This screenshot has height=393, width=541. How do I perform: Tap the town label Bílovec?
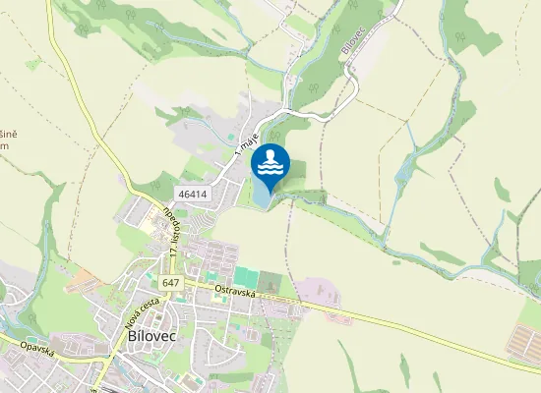[x=152, y=335]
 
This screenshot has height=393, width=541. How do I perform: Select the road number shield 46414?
[x=193, y=194]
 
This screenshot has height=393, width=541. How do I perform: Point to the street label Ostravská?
[x=235, y=288]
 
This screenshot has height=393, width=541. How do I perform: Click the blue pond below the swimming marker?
[x=263, y=196]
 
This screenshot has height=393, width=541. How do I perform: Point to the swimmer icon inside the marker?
[x=270, y=160]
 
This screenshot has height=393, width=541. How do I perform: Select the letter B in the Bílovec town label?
[x=133, y=335]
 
